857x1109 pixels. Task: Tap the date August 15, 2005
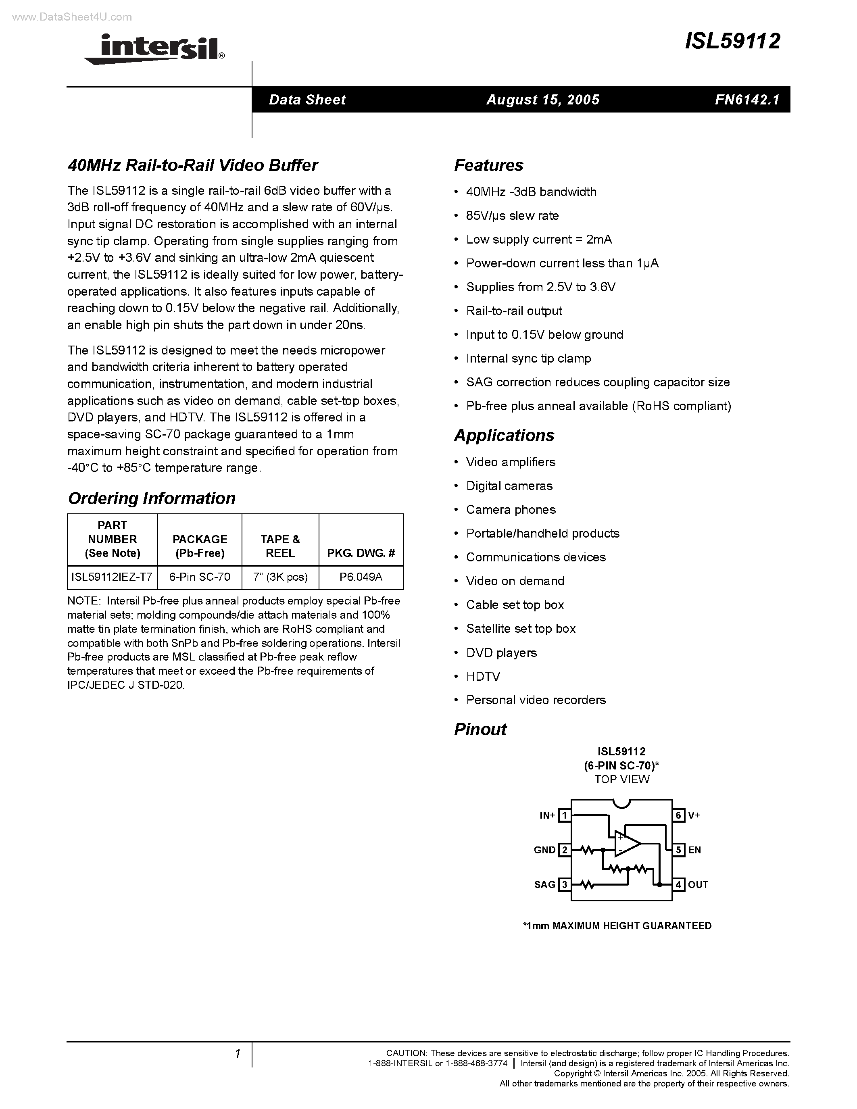pyautogui.click(x=543, y=100)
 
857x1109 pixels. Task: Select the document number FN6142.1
pyautogui.click(x=747, y=100)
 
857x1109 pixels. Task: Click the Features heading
pyautogui.click(x=488, y=165)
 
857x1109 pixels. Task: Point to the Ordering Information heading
pyautogui.click(x=151, y=498)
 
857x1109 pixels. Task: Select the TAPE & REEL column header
pyautogui.click(x=280, y=546)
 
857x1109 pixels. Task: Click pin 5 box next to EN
pyautogui.click(x=679, y=850)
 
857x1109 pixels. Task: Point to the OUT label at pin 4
pyautogui.click(x=698, y=884)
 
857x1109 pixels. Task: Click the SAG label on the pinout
pyautogui.click(x=544, y=884)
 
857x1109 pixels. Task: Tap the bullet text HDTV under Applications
pyautogui.click(x=483, y=676)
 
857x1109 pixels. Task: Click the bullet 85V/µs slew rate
pyautogui.click(x=512, y=216)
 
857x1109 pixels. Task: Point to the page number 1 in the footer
pyautogui.click(x=237, y=1054)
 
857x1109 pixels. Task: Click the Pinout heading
pyautogui.click(x=480, y=729)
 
